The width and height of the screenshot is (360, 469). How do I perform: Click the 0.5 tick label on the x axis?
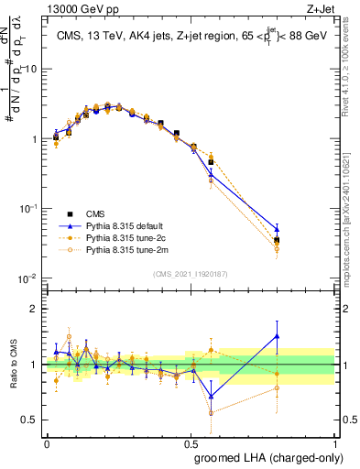coord(191,443)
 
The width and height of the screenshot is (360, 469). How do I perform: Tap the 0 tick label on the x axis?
coord(47,443)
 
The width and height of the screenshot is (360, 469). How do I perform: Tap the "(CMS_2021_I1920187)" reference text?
coord(191,274)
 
